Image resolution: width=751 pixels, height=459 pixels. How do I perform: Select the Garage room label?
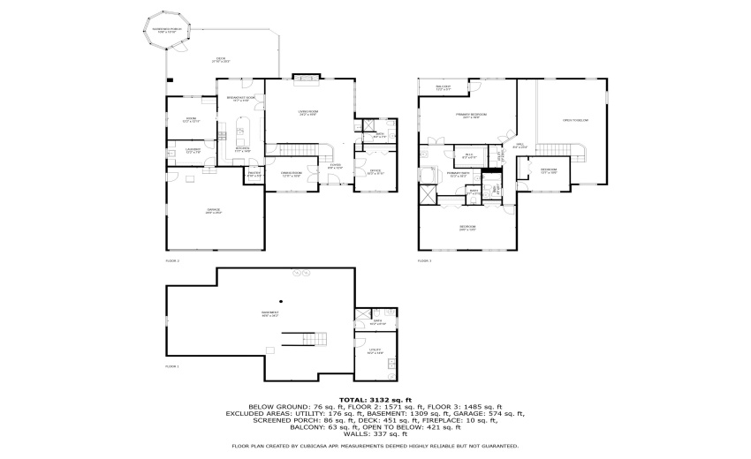[212, 211]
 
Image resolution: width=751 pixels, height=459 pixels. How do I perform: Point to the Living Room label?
[308, 113]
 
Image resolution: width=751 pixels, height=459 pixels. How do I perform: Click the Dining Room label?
[292, 175]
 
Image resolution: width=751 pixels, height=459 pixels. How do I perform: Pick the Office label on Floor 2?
[375, 172]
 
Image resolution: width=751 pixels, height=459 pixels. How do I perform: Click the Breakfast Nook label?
[241, 99]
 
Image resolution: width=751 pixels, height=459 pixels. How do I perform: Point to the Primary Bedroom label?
[467, 116]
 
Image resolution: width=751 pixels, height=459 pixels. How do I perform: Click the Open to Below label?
[575, 120]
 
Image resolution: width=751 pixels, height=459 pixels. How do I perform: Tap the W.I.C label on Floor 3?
[470, 156]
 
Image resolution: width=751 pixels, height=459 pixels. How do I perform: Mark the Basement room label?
[269, 314]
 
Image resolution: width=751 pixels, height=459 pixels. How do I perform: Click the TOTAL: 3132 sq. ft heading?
[375, 399]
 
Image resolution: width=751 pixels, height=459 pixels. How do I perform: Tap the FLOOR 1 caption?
[172, 365]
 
